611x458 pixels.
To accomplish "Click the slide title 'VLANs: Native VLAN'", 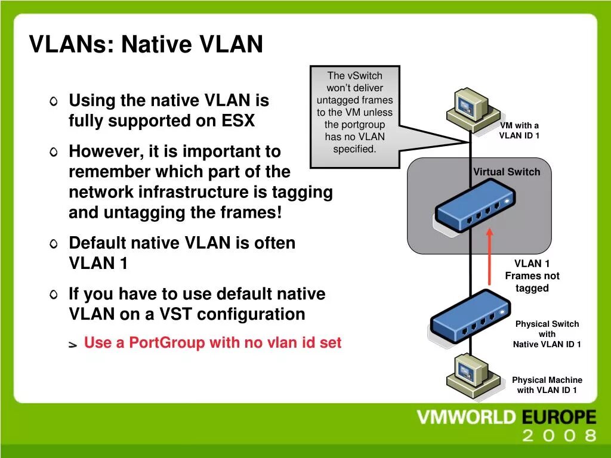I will pyautogui.click(x=146, y=44).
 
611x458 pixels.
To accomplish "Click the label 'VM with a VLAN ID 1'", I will pyautogui.click(x=519, y=130).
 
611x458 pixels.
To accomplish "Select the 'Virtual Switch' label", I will pyautogui.click(x=507, y=172).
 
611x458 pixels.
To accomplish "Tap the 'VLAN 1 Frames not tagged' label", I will pyautogui.click(x=532, y=276).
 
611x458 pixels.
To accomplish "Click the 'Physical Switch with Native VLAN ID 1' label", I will pyautogui.click(x=547, y=334).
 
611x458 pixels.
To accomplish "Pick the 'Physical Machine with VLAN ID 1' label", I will pyautogui.click(x=547, y=385).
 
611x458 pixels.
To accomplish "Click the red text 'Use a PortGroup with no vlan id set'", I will pyautogui.click(x=212, y=343).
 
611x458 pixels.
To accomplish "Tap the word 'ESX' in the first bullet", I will pyautogui.click(x=238, y=121).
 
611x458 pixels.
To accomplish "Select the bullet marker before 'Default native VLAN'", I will pyautogui.click(x=54, y=244).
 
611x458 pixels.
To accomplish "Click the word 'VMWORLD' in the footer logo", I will pyautogui.click(x=465, y=417).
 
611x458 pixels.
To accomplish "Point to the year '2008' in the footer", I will pyautogui.click(x=559, y=435).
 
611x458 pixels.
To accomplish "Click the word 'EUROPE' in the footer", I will pyautogui.click(x=559, y=417).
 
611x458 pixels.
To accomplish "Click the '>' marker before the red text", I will pyautogui.click(x=73, y=345).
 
